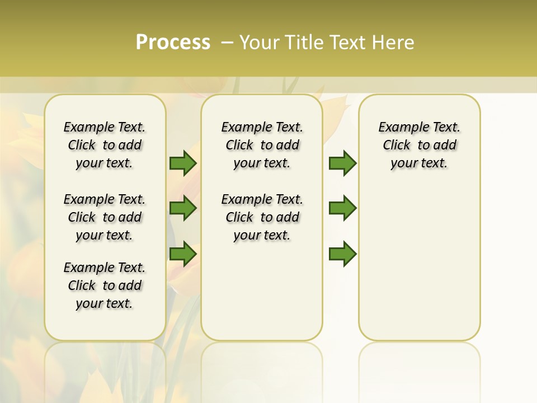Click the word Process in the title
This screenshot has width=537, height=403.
tap(173, 42)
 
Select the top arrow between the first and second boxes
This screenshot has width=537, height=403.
tap(183, 163)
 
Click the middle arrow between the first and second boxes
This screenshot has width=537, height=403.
tap(183, 208)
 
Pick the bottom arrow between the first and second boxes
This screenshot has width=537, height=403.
tap(183, 254)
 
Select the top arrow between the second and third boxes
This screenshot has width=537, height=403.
tap(342, 163)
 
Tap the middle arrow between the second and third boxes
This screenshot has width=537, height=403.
tap(342, 208)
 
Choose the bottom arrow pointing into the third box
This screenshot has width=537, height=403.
tap(342, 254)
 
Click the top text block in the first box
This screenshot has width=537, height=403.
tap(105, 145)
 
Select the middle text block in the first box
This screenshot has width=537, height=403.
tap(105, 217)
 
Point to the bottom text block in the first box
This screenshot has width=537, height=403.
tap(105, 285)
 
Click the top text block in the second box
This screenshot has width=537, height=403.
tap(262, 145)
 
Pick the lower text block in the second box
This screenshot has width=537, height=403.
tap(262, 217)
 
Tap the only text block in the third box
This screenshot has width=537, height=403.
tap(419, 145)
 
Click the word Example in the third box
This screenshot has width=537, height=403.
tap(399, 128)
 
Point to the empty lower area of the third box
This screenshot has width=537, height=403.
tap(419, 263)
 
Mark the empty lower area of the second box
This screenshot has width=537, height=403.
tap(262, 291)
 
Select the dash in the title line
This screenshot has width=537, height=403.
tap(227, 42)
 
